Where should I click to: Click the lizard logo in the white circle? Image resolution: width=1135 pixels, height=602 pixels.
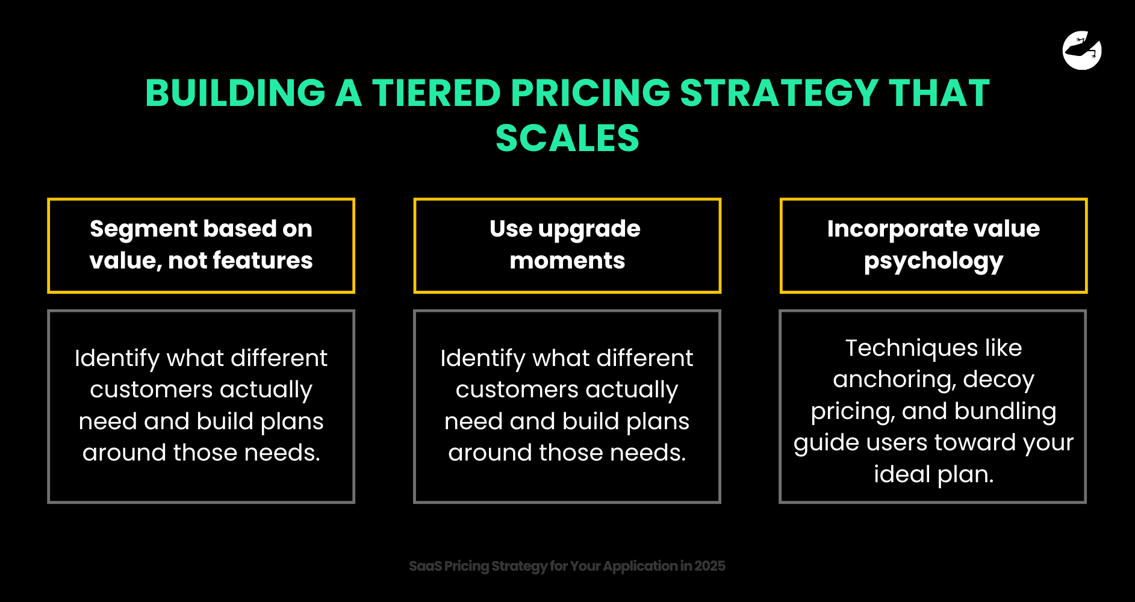[x=1082, y=50]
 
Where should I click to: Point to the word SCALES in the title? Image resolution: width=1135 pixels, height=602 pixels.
[x=567, y=138]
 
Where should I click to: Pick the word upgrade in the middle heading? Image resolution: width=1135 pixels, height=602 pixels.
[x=589, y=229]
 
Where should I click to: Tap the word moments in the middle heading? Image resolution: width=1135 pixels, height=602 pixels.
[x=567, y=261]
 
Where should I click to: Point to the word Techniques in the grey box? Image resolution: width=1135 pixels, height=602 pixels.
[x=912, y=348]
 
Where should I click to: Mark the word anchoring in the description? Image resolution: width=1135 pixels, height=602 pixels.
[x=895, y=380]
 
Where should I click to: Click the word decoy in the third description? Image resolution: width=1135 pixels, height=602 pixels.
[x=998, y=380]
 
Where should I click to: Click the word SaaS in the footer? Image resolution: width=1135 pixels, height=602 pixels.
[x=426, y=566]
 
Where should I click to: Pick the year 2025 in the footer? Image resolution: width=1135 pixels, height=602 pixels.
[x=710, y=566]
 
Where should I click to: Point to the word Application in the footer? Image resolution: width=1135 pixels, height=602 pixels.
[x=640, y=566]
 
